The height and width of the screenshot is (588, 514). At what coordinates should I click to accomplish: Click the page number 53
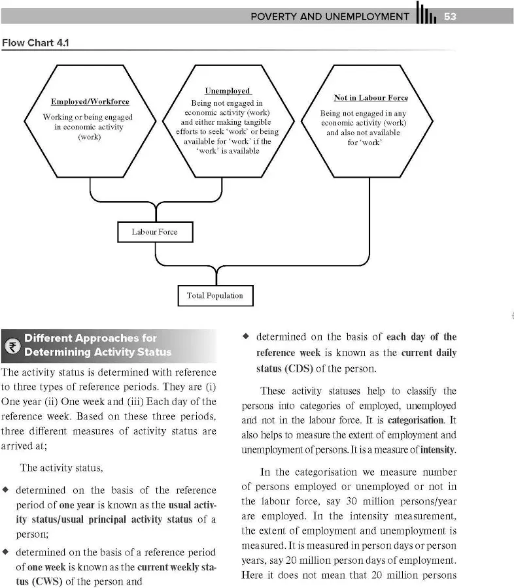click(450, 16)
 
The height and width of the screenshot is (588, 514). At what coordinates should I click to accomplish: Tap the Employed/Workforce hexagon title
click(90, 102)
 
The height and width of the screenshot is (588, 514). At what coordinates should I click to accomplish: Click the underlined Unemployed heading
click(228, 91)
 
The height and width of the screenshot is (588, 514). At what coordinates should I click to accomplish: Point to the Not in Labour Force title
click(371, 98)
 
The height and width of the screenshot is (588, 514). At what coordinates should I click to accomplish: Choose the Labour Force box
click(154, 232)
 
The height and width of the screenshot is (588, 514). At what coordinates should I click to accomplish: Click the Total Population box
click(214, 295)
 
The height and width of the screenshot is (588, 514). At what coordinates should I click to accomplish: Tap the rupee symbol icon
click(12, 346)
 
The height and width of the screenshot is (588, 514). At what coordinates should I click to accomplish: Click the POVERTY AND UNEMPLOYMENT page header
click(330, 16)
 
